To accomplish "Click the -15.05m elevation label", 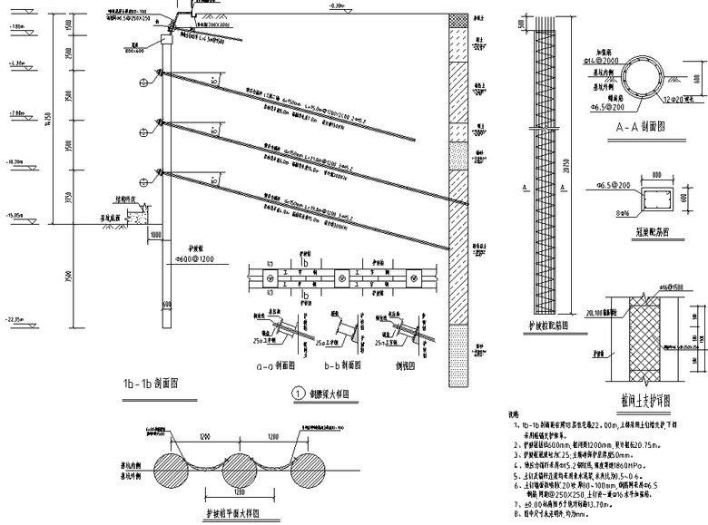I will (x=16, y=215).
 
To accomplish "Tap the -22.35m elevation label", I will (x=16, y=319).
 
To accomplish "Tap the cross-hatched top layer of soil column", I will (x=458, y=20).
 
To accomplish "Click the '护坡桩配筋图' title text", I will (x=551, y=324).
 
